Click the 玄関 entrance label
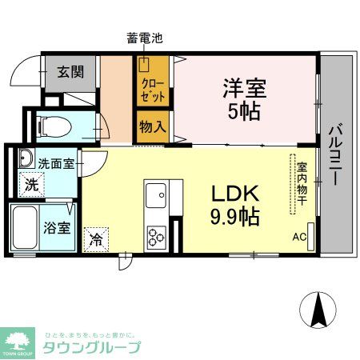(69, 71)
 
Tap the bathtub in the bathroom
(25, 227)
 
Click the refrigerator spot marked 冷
(96, 238)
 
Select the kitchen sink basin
(155, 194)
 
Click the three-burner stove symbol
(155, 236)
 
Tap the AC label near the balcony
(299, 236)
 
